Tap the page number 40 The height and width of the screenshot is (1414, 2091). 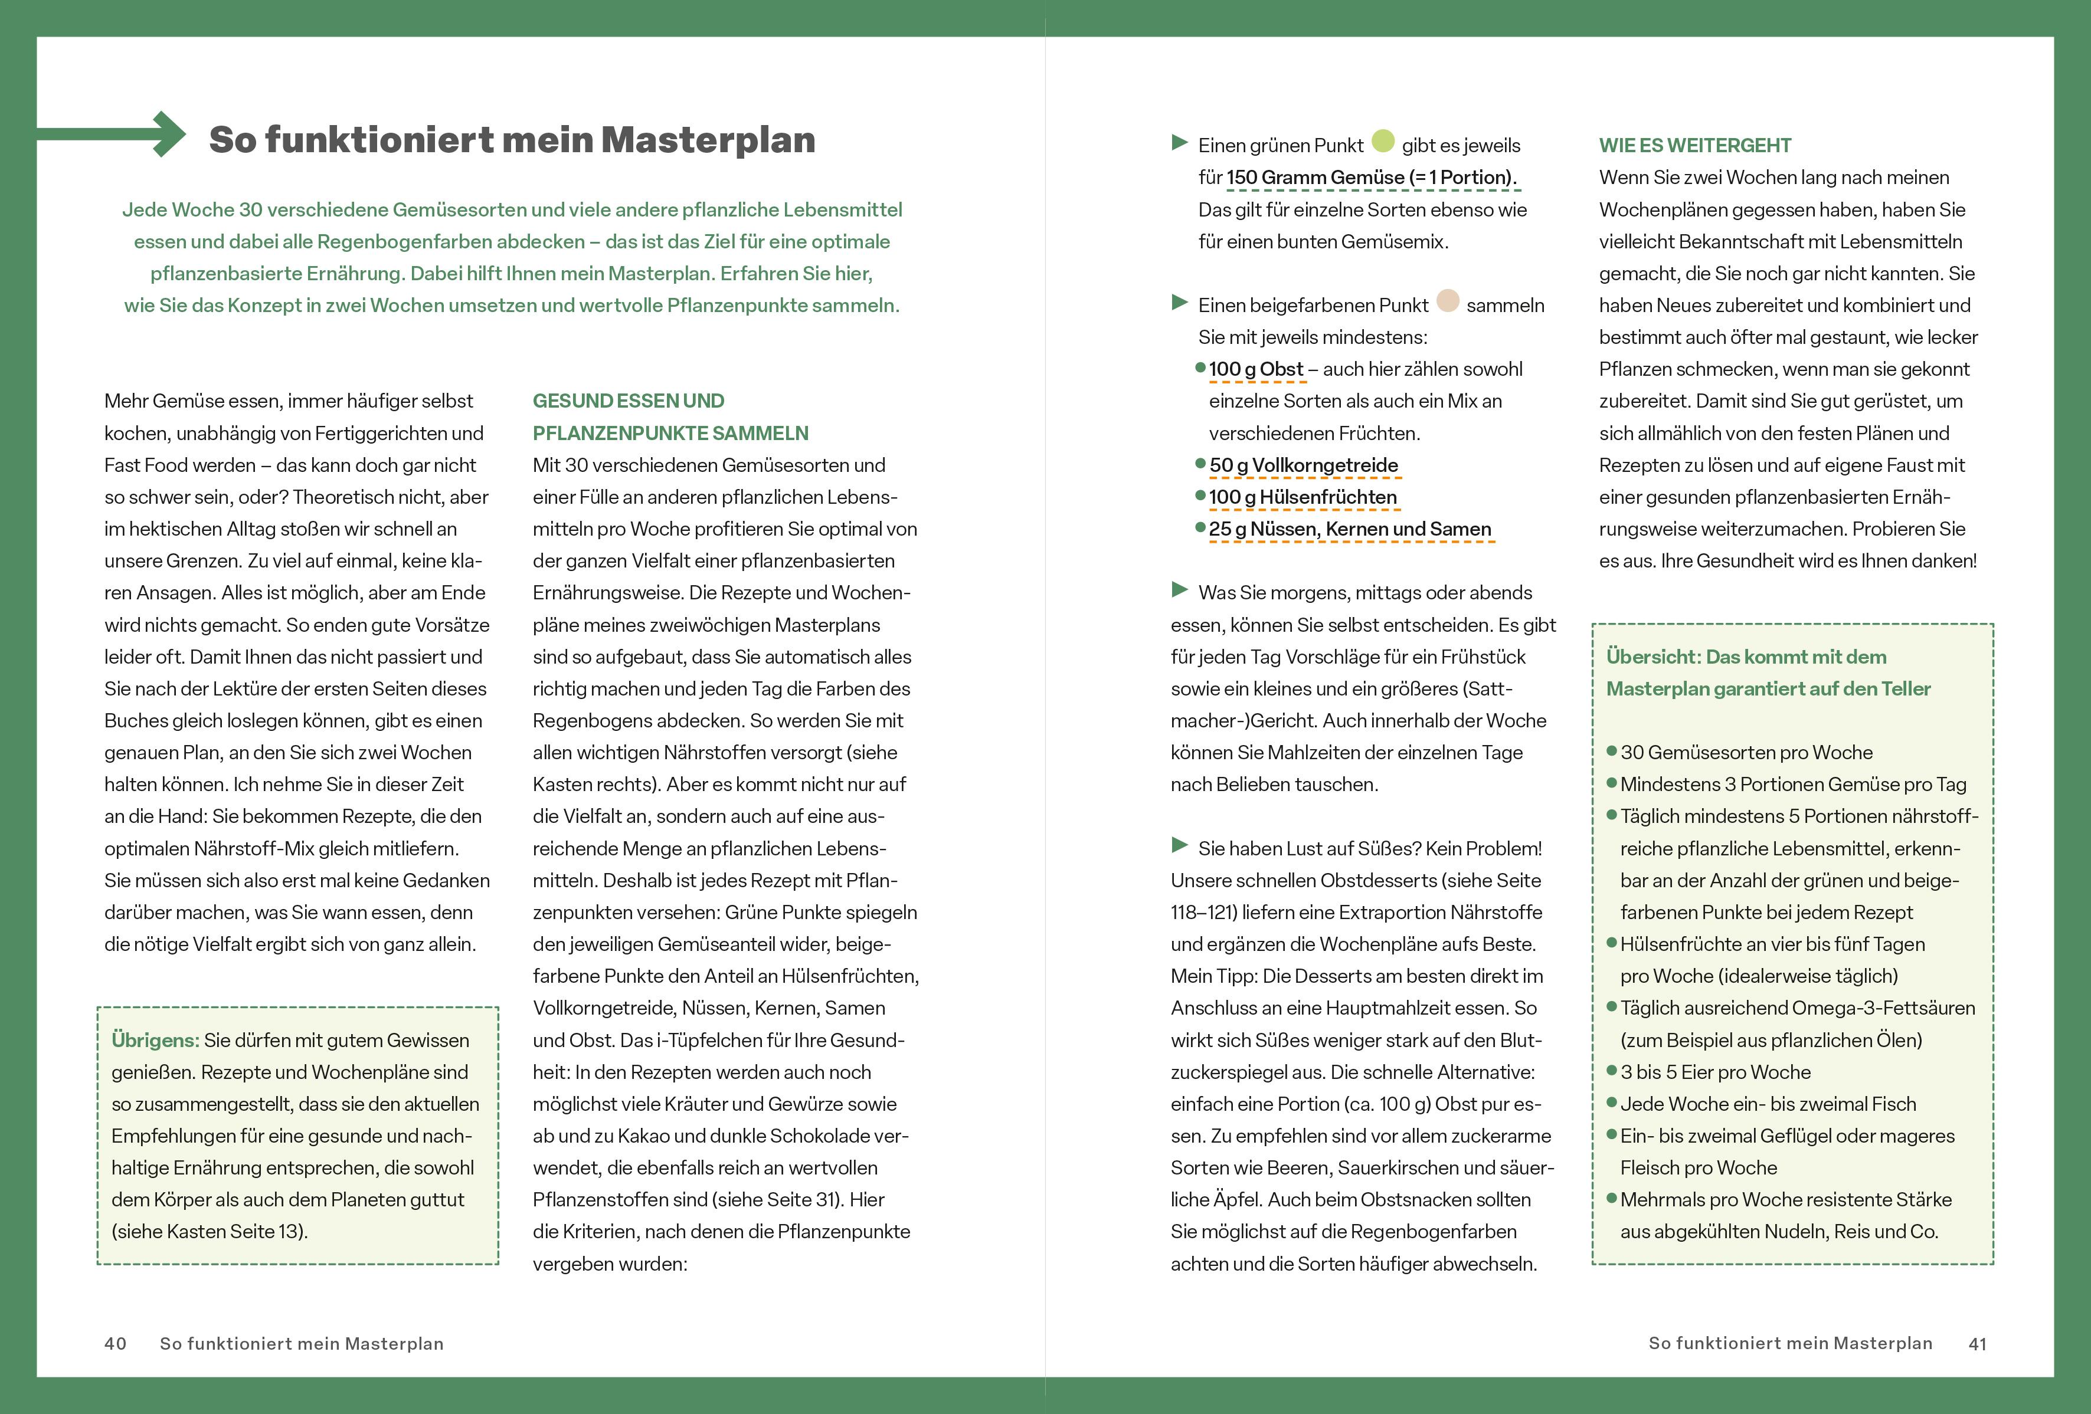[115, 1343]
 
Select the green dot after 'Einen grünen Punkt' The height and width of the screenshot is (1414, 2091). [1383, 142]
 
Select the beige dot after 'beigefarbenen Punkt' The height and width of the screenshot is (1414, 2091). [1448, 300]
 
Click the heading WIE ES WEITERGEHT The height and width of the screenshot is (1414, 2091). [1694, 146]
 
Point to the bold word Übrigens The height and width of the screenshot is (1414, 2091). [155, 1041]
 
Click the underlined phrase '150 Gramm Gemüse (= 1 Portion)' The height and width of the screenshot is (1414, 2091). [1371, 178]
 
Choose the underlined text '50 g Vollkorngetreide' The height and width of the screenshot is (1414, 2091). [1303, 466]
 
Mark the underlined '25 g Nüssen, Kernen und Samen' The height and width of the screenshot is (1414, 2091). [1350, 530]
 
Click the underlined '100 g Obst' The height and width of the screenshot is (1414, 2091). [1255, 370]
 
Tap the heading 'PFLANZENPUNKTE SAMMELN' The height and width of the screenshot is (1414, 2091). [670, 434]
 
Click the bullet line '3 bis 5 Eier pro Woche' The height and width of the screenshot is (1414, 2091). [1715, 1072]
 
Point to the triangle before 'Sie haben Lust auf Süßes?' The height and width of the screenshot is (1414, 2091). [1180, 845]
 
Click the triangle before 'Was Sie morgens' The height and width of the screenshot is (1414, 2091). [1180, 589]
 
